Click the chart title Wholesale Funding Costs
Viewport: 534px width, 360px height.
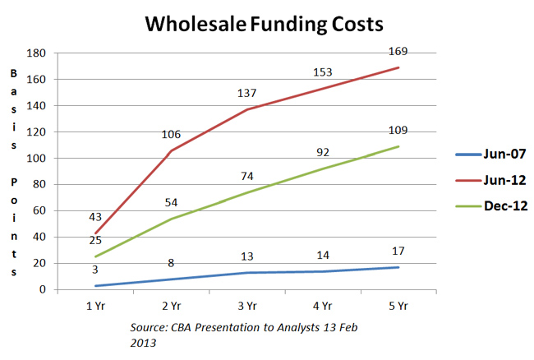pyautogui.click(x=264, y=24)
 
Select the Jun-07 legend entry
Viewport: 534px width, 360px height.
pyautogui.click(x=490, y=153)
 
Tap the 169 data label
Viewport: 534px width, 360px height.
pyautogui.click(x=398, y=52)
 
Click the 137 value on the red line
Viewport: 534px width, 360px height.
pyautogui.click(x=247, y=94)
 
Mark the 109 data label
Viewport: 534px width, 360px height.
pyautogui.click(x=398, y=131)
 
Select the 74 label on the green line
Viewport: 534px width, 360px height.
pyautogui.click(x=247, y=177)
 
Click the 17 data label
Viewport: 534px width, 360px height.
pyautogui.click(x=398, y=251)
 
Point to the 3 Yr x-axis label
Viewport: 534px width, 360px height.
pyautogui.click(x=246, y=305)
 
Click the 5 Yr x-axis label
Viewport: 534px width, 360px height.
pyautogui.click(x=398, y=305)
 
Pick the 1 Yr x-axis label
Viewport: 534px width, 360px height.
pyautogui.click(x=94, y=305)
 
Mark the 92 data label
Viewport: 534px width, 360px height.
pyautogui.click(x=323, y=152)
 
